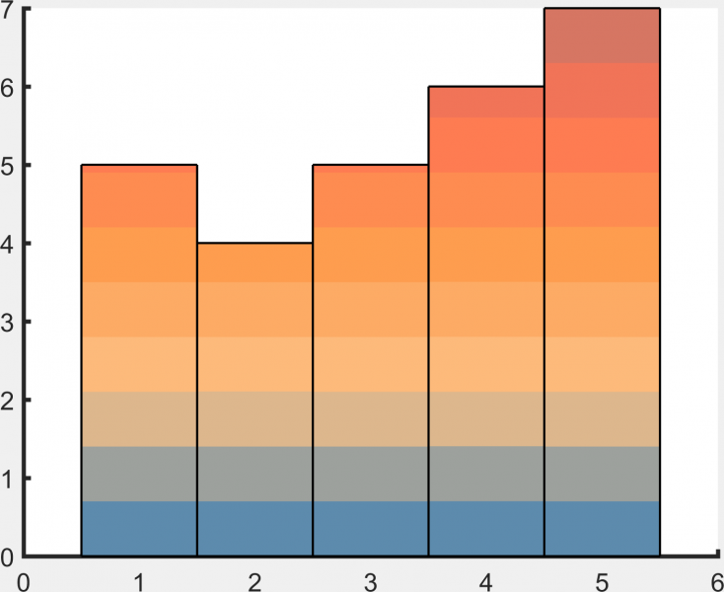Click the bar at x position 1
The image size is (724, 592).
click(x=139, y=360)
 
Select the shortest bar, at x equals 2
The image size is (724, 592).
click(x=254, y=400)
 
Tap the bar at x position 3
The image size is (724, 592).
click(x=370, y=360)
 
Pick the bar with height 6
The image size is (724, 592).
click(x=485, y=321)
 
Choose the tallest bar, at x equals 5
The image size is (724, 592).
click(x=601, y=282)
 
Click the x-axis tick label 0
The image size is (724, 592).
click(x=24, y=581)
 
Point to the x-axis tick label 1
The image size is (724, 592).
click(x=139, y=581)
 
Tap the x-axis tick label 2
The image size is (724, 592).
click(x=254, y=581)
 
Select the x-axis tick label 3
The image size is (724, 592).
click(x=370, y=581)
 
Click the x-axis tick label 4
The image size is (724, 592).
click(x=485, y=581)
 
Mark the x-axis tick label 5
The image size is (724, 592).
click(x=601, y=581)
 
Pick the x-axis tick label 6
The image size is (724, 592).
click(x=716, y=581)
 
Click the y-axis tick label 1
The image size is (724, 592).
click(x=7, y=479)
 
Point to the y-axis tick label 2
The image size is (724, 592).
click(x=7, y=400)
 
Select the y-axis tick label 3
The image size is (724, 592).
click(x=7, y=322)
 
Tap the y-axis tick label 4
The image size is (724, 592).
click(x=7, y=243)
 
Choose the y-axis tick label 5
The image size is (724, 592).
click(x=7, y=165)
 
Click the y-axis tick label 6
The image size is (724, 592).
click(x=7, y=87)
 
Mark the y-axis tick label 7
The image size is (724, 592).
click(x=7, y=11)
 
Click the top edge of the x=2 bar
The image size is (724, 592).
click(x=254, y=243)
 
